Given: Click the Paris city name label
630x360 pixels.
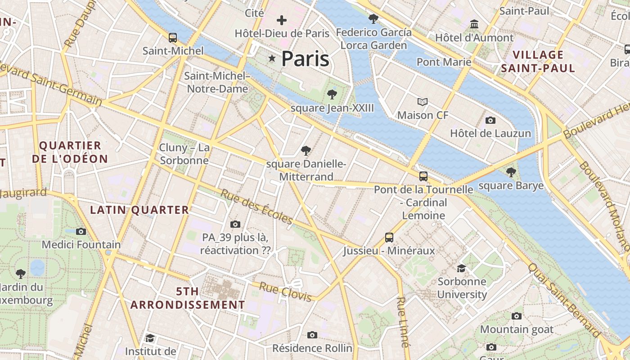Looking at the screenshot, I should (305, 59).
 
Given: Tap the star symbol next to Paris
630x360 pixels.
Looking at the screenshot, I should (272, 58).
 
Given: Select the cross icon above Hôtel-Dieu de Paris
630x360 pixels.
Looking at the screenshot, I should (282, 20).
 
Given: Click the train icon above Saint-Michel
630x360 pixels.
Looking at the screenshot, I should (173, 37).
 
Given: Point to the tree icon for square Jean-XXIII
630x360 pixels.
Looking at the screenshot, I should (332, 94).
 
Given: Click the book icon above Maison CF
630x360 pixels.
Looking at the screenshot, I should (422, 102).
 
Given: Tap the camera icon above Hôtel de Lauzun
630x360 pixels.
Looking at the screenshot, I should (490, 120).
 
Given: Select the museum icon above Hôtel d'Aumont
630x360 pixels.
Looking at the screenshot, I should (474, 24).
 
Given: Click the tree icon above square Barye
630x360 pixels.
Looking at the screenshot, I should (511, 172).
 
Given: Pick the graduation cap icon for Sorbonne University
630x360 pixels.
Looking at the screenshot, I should (462, 269).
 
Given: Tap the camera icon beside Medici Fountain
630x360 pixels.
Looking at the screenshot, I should (81, 231).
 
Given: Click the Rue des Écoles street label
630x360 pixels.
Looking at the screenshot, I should (256, 207).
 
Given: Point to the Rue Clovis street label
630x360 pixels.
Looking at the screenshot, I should (285, 292).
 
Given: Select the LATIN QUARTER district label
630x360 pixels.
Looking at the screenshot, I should (139, 210).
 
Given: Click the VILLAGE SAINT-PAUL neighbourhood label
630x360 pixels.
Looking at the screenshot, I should (538, 62).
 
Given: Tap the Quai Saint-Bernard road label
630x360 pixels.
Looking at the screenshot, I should (564, 300).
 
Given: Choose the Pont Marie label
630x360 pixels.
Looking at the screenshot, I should (444, 62).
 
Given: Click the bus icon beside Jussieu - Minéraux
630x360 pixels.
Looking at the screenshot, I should (389, 237).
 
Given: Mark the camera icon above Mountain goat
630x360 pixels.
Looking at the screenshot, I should (517, 316).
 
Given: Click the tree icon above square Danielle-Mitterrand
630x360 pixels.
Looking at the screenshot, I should (306, 150).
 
